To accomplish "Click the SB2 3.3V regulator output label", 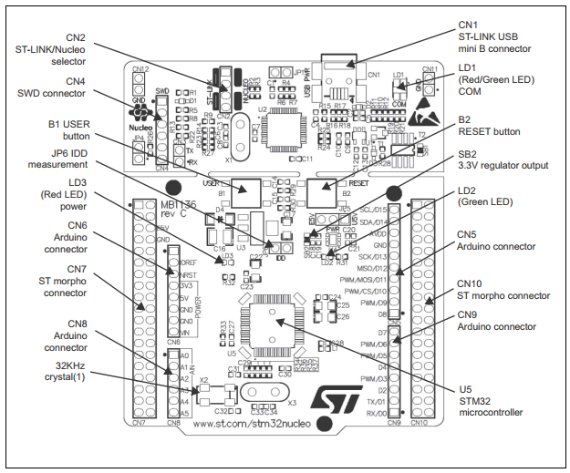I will (x=502, y=159).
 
